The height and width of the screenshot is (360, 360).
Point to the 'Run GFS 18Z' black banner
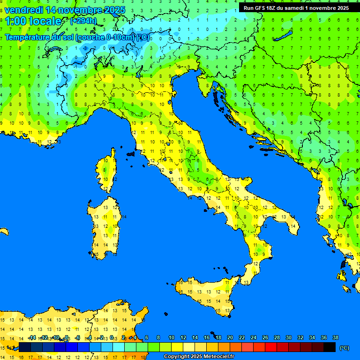click(x=296, y=8)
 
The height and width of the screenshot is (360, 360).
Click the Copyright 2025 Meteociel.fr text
click(x=199, y=357)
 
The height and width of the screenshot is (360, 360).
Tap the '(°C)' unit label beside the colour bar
click(x=344, y=348)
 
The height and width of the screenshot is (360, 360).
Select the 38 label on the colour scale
click(x=336, y=338)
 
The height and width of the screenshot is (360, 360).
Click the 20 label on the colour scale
click(x=230, y=338)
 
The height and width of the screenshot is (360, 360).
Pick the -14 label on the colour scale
click(x=32, y=338)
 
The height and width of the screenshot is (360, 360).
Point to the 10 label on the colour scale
click(x=172, y=338)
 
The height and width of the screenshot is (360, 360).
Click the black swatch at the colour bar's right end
click(x=330, y=347)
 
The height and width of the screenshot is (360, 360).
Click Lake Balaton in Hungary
click(x=284, y=37)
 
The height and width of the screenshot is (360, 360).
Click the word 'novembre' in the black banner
click(x=322, y=8)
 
